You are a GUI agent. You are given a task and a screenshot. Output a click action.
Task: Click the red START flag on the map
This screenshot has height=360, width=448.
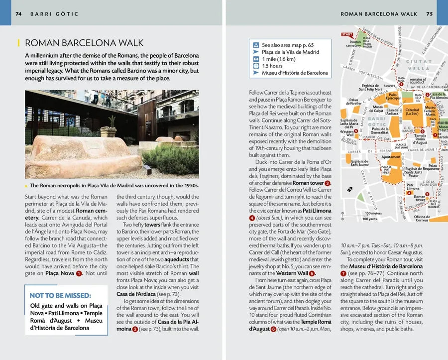pyautogui.click(x=347, y=34)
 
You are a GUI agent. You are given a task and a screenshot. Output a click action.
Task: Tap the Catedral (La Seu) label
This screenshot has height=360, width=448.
pyautogui.click(x=412, y=112)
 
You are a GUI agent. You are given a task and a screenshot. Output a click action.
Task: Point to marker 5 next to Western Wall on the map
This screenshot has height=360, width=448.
pyautogui.click(x=356, y=131)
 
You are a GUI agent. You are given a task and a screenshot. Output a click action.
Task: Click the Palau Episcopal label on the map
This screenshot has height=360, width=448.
pyautogui.click(x=393, y=96)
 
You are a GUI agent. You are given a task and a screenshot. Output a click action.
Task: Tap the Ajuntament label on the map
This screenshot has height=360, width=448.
pyautogui.click(x=390, y=156)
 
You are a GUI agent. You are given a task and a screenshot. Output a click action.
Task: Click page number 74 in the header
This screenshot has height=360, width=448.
pyautogui.click(x=18, y=14)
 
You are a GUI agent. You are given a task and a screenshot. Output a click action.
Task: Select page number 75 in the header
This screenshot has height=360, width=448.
pyautogui.click(x=429, y=14)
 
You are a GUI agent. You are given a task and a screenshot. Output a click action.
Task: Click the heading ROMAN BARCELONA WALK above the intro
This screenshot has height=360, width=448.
pyautogui.click(x=84, y=43)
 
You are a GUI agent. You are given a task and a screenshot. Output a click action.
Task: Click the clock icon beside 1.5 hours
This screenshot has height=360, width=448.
pyautogui.click(x=255, y=66)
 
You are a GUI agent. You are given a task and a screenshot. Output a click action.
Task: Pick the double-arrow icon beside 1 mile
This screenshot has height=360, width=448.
pyautogui.click(x=255, y=59)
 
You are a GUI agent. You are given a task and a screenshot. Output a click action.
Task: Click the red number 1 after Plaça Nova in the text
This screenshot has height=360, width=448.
pyautogui.click(x=79, y=273)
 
